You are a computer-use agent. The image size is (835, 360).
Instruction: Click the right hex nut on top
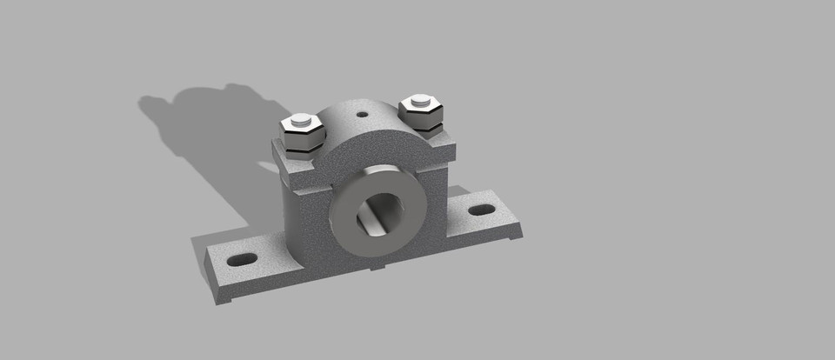click(x=422, y=114)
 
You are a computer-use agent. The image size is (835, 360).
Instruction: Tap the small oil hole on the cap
click(x=361, y=113)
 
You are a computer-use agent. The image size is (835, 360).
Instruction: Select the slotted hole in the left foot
click(x=243, y=259)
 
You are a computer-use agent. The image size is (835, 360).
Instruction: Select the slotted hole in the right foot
click(x=480, y=210)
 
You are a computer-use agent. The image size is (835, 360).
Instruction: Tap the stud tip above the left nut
click(x=301, y=120)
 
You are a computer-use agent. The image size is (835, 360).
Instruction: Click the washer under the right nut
click(x=424, y=130)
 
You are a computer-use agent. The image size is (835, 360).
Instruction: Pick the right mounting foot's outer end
click(x=513, y=229)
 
